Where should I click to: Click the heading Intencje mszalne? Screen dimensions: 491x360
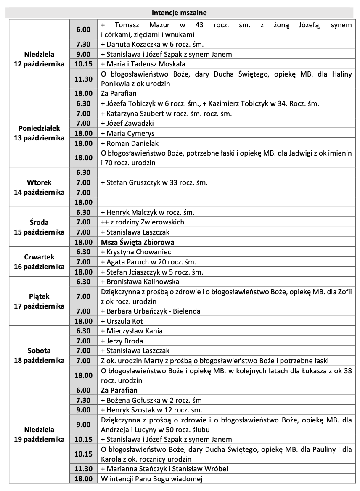point(180,13)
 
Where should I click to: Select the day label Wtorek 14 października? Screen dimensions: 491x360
point(40,187)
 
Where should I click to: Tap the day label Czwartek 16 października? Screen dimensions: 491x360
point(40,261)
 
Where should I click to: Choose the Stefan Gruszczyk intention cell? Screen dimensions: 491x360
point(154,182)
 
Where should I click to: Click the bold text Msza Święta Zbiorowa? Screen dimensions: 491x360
point(138,242)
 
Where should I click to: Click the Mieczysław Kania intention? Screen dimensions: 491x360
point(132,331)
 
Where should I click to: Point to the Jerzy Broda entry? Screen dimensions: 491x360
point(122,341)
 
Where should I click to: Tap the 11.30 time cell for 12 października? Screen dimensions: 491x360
point(83,79)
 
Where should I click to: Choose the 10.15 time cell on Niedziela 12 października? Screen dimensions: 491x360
point(83,64)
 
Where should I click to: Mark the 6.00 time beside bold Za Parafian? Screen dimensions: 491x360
point(83,390)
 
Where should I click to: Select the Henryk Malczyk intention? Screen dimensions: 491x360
point(147,212)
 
